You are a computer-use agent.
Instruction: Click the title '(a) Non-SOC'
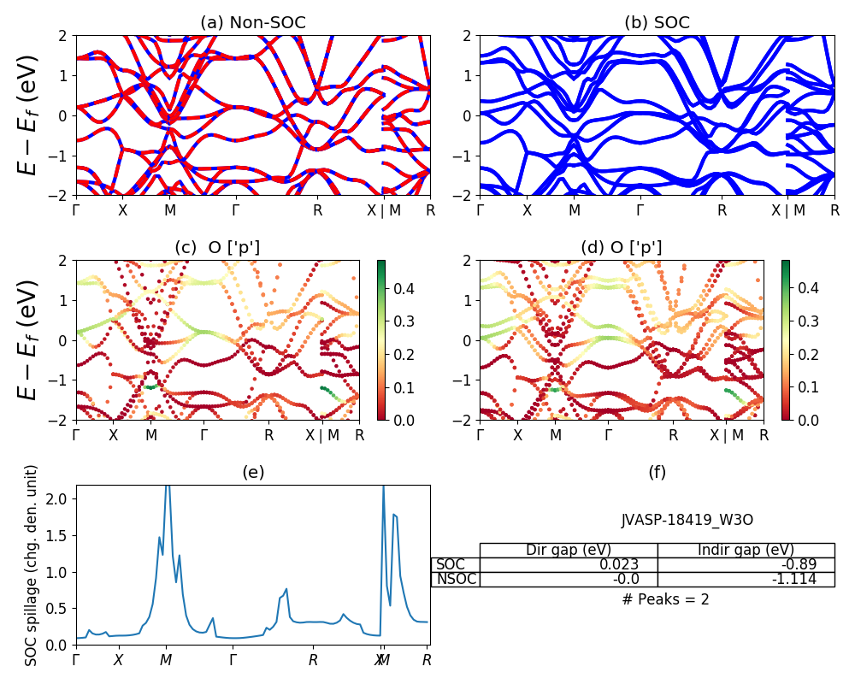[252, 23]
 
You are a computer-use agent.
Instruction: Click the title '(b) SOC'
[657, 23]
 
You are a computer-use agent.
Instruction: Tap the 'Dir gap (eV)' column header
[570, 550]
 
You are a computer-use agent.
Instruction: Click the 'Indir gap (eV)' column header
[746, 550]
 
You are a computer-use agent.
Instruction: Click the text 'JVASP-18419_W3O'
[687, 520]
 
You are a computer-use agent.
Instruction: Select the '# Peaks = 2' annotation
[666, 599]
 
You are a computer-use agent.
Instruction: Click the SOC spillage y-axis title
[32, 565]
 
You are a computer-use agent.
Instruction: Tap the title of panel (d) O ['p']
[621, 248]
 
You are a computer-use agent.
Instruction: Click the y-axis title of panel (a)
[30, 116]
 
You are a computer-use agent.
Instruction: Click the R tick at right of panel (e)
[427, 660]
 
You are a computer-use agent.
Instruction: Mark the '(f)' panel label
[657, 472]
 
